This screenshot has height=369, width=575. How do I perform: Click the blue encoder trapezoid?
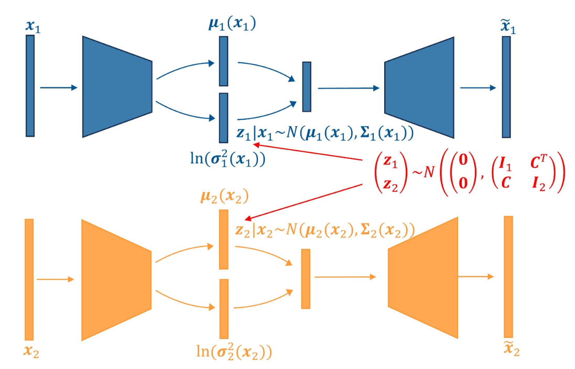pos(117,87)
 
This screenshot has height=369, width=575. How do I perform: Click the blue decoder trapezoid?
pos(419,87)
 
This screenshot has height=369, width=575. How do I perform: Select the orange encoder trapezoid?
pos(116,280)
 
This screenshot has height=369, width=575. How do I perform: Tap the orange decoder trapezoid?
pos(424,277)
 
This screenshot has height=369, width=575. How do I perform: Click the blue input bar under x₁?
pos(30,86)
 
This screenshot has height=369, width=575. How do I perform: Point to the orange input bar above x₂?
pos(29,279)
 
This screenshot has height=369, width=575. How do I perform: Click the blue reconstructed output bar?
pos(506,87)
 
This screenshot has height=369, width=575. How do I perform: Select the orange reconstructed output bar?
pos(508,276)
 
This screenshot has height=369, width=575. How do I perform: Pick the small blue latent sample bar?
pos(307,86)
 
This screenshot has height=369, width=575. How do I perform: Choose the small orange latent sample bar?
pos(306,278)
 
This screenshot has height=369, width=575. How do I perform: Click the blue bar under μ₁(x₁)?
pos(223,61)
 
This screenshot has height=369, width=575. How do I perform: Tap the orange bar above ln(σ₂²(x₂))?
pos(224,309)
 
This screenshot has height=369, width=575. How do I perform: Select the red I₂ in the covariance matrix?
pos(546,184)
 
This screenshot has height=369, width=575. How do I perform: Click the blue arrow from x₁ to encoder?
pos(58,88)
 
